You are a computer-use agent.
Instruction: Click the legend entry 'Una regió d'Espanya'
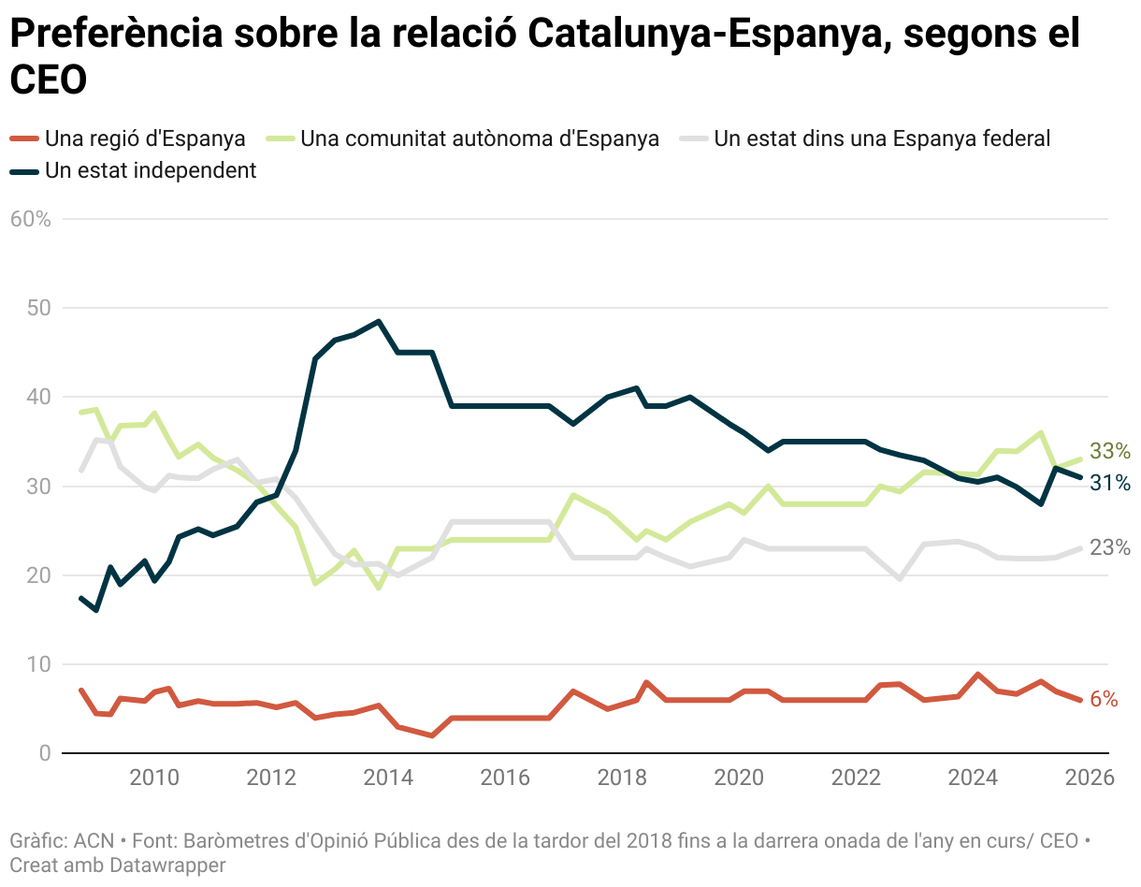145,138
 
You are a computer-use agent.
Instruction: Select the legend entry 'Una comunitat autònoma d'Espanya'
479,138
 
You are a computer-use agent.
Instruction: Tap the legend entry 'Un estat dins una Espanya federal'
881,138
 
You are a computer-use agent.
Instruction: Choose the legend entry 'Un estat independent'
150,170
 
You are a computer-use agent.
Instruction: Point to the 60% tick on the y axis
30,219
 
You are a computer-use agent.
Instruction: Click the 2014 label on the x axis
388,778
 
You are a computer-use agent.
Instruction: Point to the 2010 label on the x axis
154,778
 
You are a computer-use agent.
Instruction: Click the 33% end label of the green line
1110,451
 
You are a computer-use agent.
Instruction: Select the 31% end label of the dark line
1110,483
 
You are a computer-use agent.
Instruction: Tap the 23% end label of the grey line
1110,547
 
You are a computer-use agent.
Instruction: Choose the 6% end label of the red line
1105,699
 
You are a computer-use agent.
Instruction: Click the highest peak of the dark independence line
378,321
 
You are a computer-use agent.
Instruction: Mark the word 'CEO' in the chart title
48,80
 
